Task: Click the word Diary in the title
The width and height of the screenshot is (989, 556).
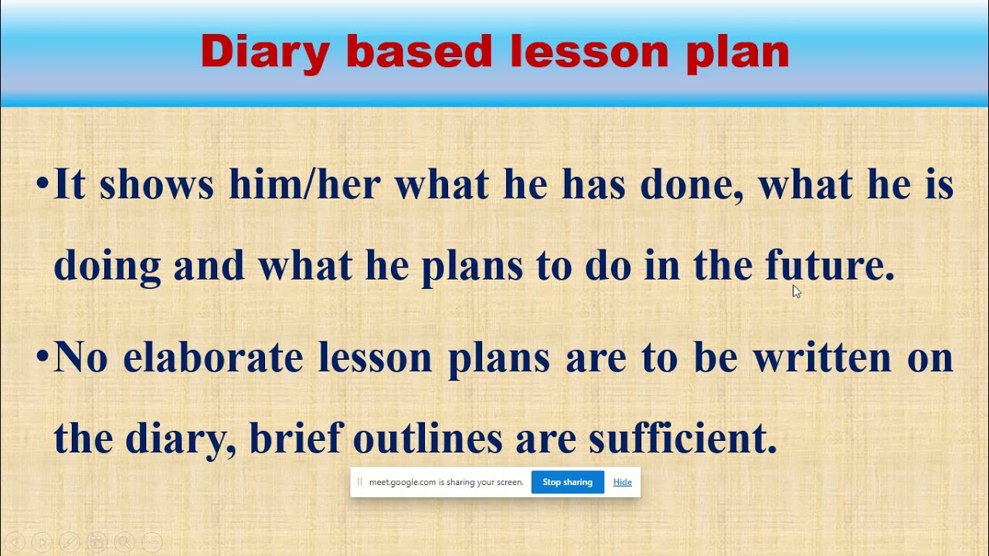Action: pos(264,53)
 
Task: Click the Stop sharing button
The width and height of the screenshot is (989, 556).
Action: pos(567,482)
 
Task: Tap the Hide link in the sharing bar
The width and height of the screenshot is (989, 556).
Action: pos(622,482)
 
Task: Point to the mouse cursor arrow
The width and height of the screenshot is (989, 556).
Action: pos(796,290)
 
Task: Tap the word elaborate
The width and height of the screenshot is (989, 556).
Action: pos(212,358)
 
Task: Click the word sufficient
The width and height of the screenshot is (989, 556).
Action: pos(682,438)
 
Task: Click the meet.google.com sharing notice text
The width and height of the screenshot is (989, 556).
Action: pos(446,482)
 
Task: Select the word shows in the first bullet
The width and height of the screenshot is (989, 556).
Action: pos(156,186)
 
